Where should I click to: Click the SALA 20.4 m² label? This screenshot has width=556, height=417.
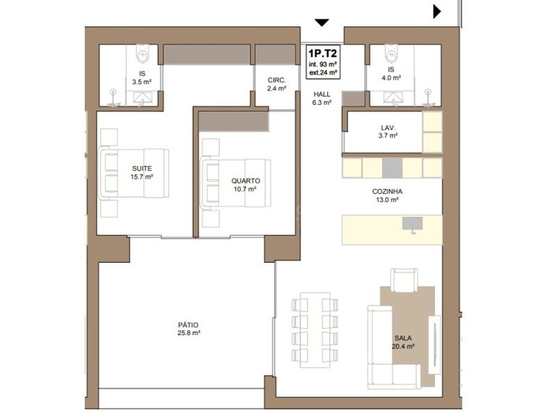(403, 342)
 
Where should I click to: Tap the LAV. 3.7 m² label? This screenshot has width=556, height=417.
(388, 131)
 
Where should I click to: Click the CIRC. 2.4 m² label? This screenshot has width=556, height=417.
(277, 85)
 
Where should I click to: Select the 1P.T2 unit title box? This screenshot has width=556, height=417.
(323, 62)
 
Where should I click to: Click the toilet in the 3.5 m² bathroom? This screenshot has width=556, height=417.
(143, 52)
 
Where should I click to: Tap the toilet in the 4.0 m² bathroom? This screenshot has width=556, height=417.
(391, 52)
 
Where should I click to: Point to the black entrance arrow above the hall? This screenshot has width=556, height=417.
(321, 22)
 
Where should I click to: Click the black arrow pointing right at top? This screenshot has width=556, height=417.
(437, 12)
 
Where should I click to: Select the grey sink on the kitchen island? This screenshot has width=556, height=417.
(413, 224)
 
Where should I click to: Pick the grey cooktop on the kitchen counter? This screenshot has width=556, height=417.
(392, 168)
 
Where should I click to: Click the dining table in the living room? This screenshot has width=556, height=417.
(315, 330)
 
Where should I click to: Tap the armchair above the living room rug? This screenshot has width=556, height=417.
(404, 280)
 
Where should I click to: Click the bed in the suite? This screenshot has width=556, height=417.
(134, 173)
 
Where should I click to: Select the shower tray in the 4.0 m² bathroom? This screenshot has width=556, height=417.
(392, 98)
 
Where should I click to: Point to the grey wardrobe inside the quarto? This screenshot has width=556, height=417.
(234, 122)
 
